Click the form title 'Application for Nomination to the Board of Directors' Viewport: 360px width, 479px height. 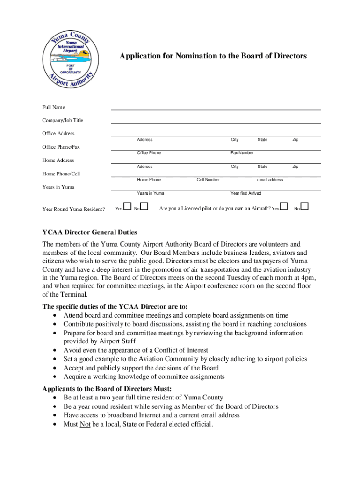click(213, 56)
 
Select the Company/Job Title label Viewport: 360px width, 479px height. click(63, 120)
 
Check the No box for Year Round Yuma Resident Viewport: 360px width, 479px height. click(144, 206)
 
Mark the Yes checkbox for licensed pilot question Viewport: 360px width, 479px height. click(283, 206)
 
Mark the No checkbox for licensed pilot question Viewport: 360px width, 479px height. click(304, 206)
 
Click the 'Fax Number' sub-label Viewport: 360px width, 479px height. click(242, 153)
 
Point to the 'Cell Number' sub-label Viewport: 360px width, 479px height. click(208, 180)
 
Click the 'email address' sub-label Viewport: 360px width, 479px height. click(270, 180)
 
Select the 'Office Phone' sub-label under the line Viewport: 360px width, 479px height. click(149, 153)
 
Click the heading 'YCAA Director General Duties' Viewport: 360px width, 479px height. click(90, 232)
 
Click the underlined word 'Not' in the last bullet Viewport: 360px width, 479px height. click(85, 424)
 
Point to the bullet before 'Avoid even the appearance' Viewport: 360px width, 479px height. click(56, 350)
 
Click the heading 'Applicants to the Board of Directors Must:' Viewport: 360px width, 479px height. click(107, 389)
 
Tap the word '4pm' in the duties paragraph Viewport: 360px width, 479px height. click(308, 278)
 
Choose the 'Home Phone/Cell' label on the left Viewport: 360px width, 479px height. click(61, 174)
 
